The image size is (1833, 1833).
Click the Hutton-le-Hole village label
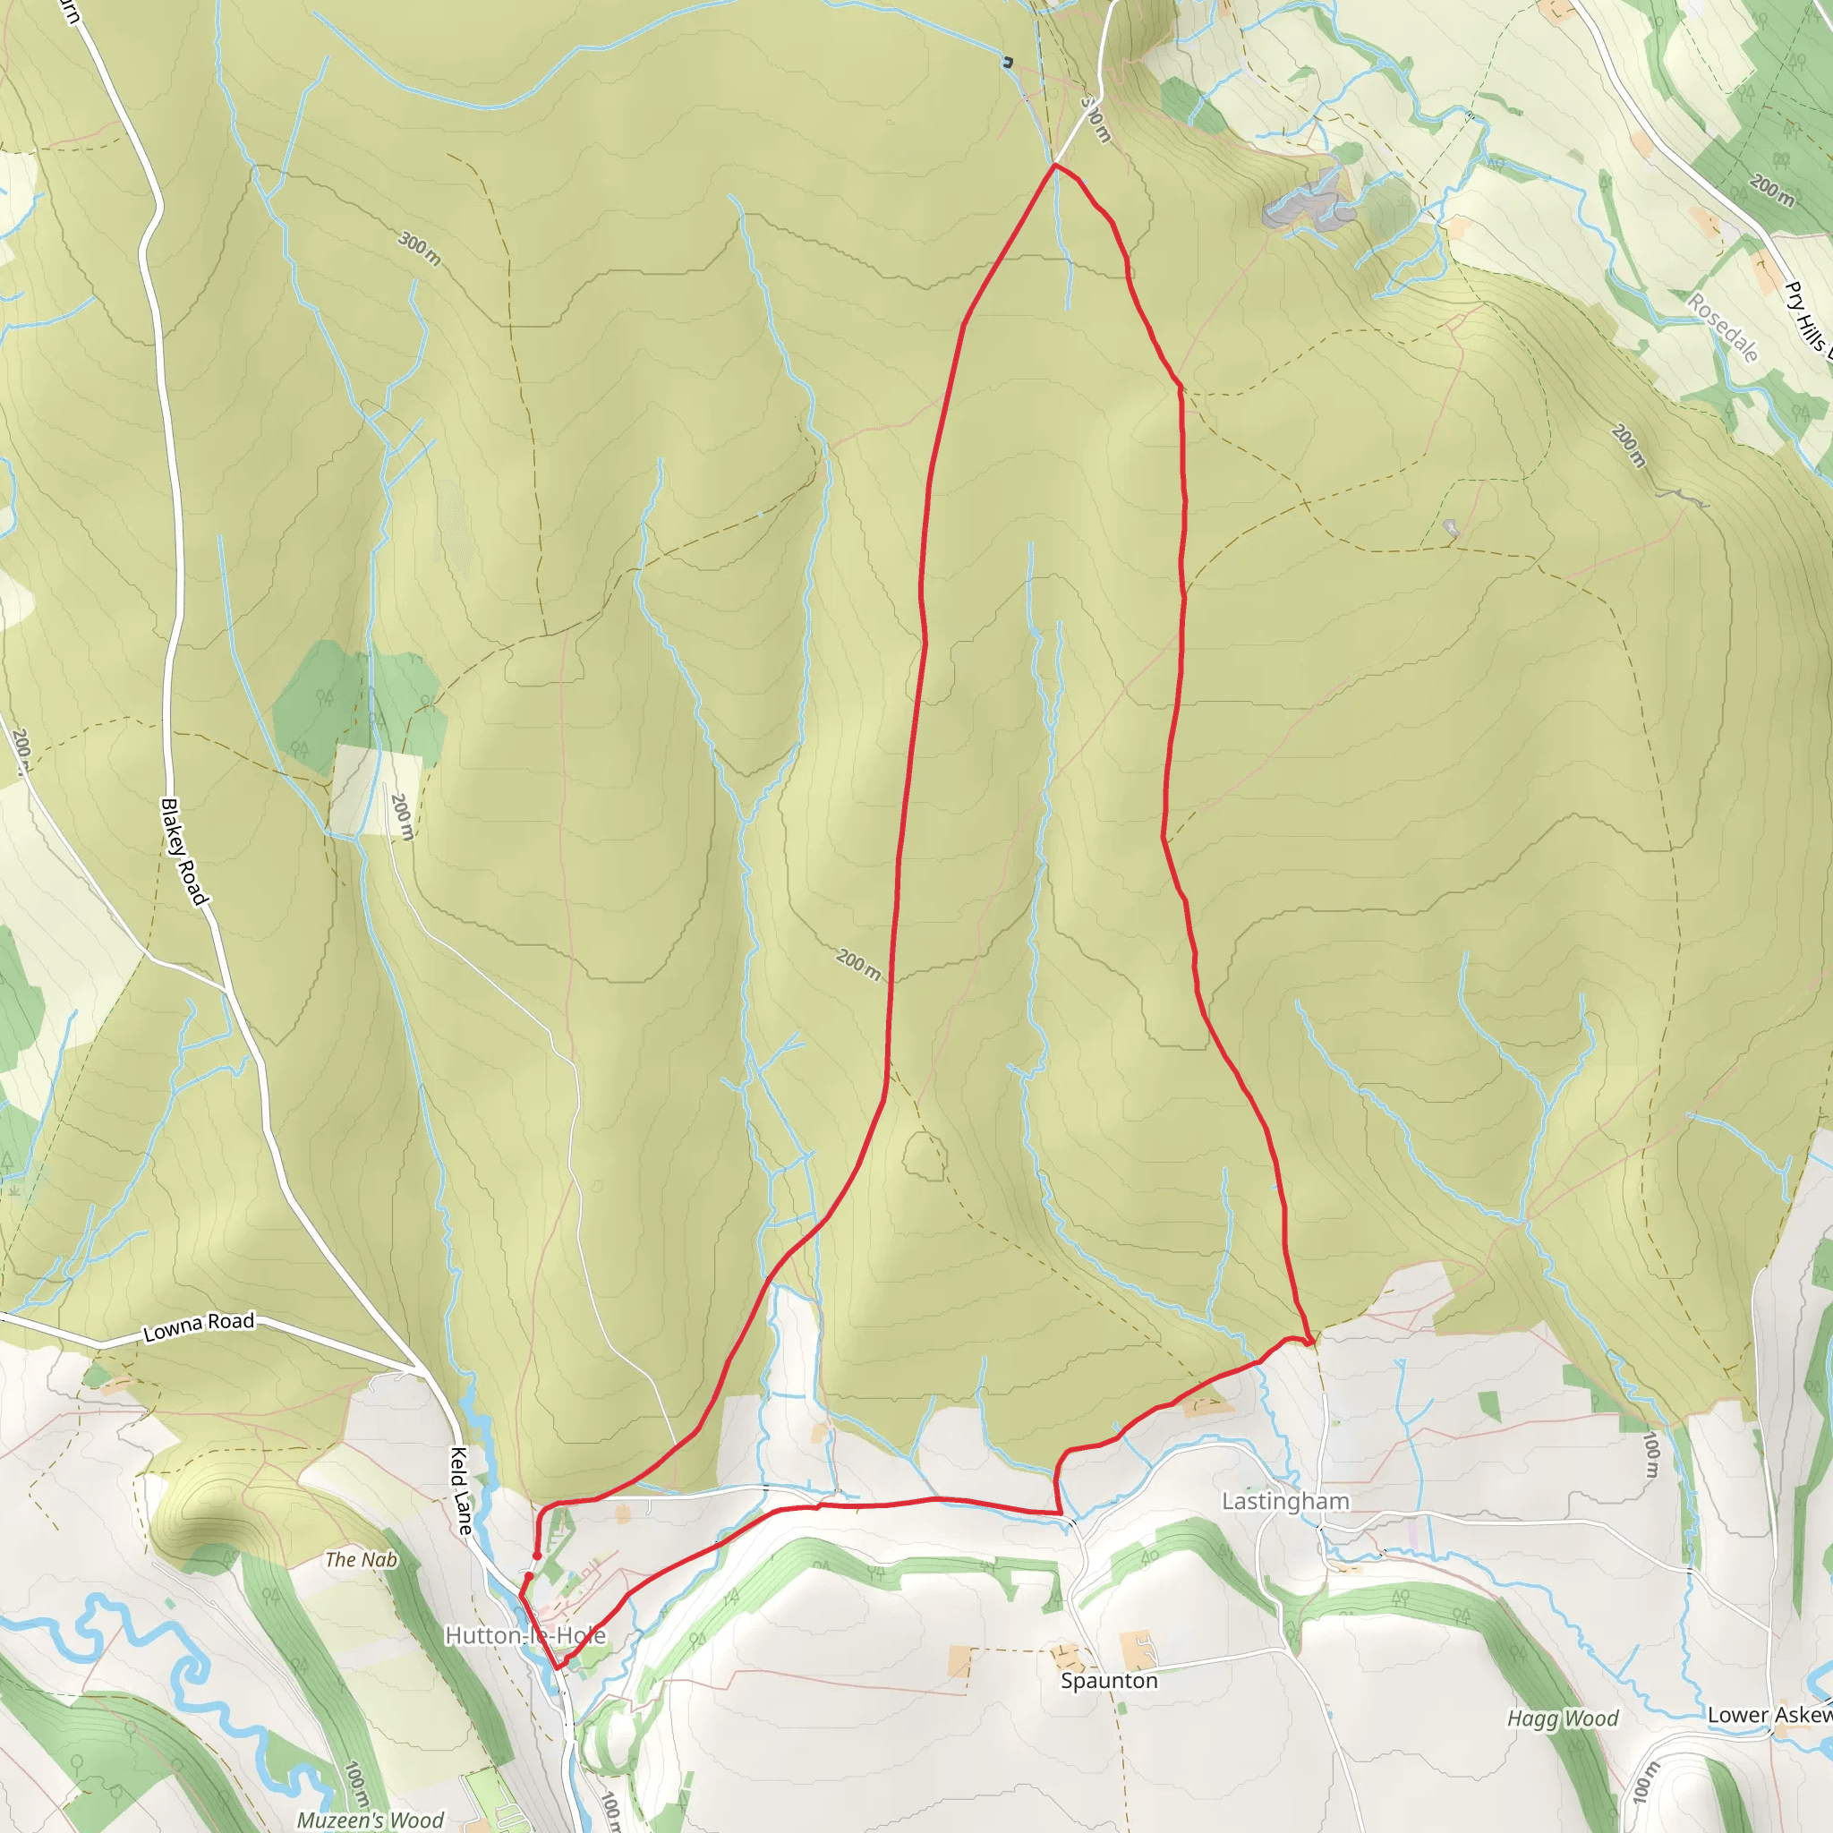[x=524, y=1636]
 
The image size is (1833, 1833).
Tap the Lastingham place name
[x=1284, y=1501]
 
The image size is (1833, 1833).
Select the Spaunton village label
[x=1109, y=1680]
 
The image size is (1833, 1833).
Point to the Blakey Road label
[x=184, y=851]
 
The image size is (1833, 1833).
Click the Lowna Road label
[x=199, y=1326]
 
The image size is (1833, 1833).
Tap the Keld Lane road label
[x=460, y=1490]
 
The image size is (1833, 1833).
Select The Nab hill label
[x=361, y=1560]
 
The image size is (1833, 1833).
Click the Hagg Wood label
[x=1563, y=1718]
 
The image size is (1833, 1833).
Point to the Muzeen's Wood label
[x=370, y=1820]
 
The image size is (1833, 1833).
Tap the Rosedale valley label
[x=1723, y=328]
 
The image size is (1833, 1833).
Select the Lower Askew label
[x=1769, y=1714]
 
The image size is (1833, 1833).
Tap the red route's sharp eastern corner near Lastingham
[x=1311, y=1343]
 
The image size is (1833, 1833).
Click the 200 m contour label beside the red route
[x=858, y=964]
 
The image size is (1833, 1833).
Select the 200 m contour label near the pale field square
[x=402, y=817]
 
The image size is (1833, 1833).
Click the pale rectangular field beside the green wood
[x=375, y=790]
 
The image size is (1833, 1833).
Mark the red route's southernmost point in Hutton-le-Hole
[x=558, y=1667]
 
